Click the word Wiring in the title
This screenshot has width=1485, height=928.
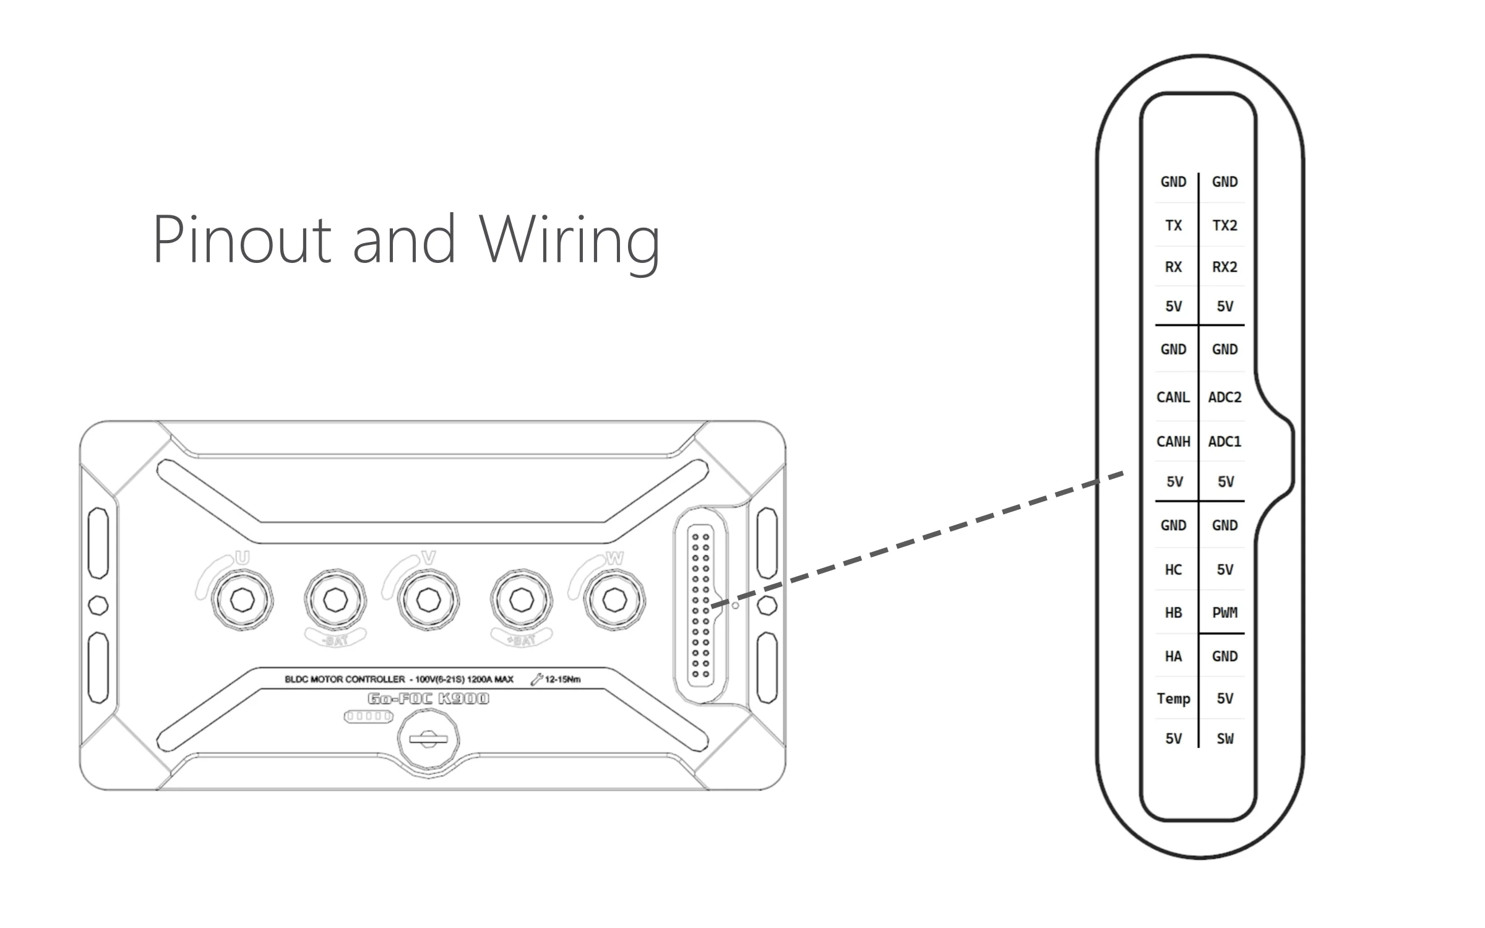(x=569, y=240)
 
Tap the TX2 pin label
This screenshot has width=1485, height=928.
(x=1225, y=225)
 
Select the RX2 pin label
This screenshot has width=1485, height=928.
(x=1225, y=267)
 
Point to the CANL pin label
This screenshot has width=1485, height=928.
(x=1173, y=397)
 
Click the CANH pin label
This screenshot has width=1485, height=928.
(x=1173, y=442)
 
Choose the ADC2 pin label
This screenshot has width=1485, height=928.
(x=1225, y=397)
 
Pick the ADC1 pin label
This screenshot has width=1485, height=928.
(x=1225, y=442)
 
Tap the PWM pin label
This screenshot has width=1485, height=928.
(x=1225, y=612)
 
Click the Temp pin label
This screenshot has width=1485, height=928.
(x=1173, y=698)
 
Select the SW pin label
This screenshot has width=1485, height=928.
(x=1225, y=739)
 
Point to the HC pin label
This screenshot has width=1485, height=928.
(x=1173, y=570)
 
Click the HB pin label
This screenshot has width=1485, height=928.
(x=1173, y=612)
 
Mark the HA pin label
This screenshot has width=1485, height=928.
(x=1173, y=656)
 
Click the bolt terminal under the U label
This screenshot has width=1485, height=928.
(x=242, y=599)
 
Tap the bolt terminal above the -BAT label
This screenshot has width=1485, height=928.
(x=335, y=599)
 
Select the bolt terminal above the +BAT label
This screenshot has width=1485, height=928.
(x=521, y=599)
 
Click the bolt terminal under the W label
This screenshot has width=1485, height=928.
(x=614, y=599)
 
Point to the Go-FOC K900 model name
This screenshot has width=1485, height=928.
(x=428, y=698)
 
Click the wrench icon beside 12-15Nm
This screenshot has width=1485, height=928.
(x=536, y=679)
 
